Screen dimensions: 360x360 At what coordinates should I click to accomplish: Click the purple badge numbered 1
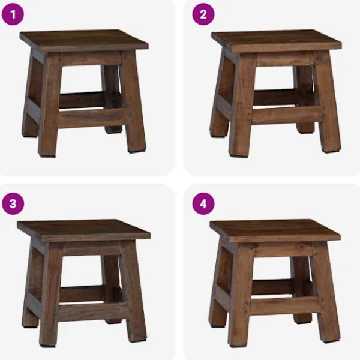point(13,14)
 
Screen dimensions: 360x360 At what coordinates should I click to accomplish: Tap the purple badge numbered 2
point(203,14)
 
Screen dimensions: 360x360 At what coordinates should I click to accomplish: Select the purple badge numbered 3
point(13,203)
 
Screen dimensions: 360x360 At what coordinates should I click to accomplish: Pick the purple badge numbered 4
point(203,203)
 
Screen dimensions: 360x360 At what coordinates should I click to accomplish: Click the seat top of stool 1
point(84,40)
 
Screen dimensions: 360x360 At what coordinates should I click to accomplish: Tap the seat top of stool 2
point(277,40)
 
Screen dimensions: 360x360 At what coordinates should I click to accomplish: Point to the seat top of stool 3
point(84,230)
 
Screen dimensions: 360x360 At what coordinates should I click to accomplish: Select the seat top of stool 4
point(275,230)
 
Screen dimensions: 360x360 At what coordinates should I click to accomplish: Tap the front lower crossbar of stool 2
point(287,115)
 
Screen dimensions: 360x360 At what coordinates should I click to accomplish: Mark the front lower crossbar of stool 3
point(93,311)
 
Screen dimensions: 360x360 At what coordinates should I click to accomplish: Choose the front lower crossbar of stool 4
point(284,305)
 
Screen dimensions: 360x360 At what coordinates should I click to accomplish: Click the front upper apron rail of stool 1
point(91,58)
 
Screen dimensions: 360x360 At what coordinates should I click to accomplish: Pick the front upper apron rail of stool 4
point(283,250)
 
